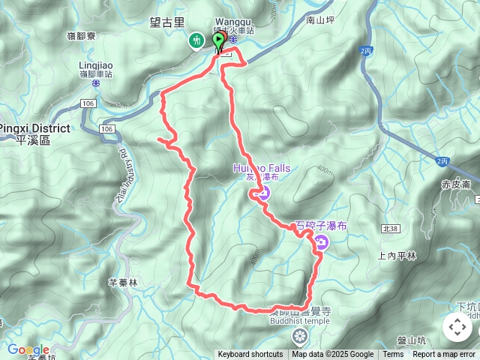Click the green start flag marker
click(x=219, y=39)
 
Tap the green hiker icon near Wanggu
click(x=196, y=40)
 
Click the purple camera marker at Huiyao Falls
click(x=263, y=193)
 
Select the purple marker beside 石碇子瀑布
click(x=321, y=242)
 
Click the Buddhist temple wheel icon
click(x=300, y=334)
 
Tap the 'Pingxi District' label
click(x=34, y=128)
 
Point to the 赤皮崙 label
click(x=455, y=184)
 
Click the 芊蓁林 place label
click(x=123, y=283)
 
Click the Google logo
click(x=28, y=350)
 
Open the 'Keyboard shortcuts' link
click(x=250, y=355)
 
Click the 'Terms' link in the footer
click(x=393, y=355)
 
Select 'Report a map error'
click(x=444, y=355)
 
